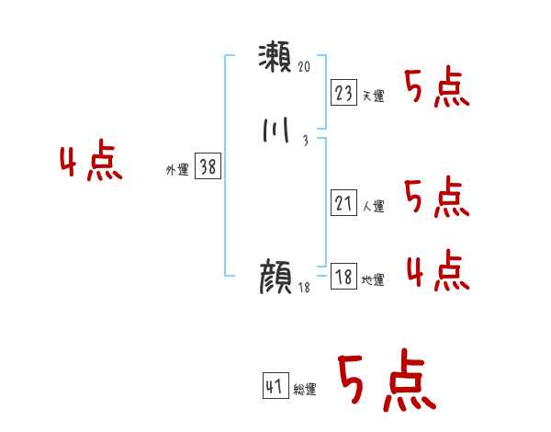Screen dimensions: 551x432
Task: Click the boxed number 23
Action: [x=344, y=92]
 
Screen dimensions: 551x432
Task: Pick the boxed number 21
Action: [x=344, y=203]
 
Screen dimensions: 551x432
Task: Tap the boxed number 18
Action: [x=344, y=277]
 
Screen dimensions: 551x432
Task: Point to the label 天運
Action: [x=373, y=96]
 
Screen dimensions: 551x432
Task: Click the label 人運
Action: [x=373, y=207]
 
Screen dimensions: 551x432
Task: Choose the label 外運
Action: [x=176, y=170]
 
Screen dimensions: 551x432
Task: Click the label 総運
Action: [x=305, y=390]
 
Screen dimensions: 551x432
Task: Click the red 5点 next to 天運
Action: [x=436, y=87]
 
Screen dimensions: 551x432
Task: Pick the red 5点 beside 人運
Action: [x=436, y=198]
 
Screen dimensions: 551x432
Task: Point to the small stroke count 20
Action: [x=306, y=67]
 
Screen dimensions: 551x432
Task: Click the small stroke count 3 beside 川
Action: [x=305, y=140]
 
